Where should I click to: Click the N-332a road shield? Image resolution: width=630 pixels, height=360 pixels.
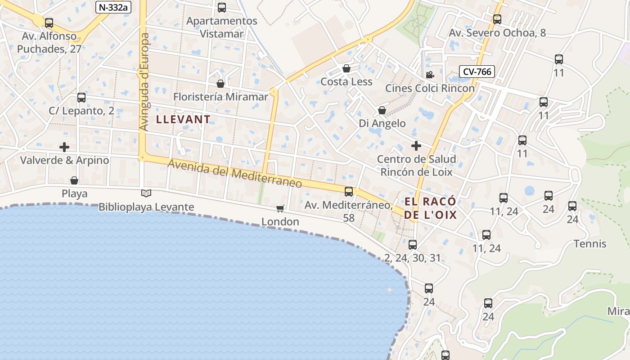[113, 7]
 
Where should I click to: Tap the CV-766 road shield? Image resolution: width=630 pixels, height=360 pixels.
[477, 71]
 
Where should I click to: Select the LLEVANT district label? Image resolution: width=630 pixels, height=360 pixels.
[183, 119]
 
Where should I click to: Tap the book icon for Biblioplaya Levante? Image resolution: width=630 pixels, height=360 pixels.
[146, 193]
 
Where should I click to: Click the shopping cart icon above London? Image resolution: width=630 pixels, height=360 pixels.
[280, 208]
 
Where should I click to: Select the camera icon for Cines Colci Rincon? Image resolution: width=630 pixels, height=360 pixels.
[430, 75]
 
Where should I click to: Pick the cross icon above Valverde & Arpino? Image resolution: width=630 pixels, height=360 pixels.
[64, 147]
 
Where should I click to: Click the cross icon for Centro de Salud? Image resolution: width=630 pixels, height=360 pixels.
[416, 146]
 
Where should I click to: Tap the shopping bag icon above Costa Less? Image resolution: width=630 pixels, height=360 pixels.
[346, 68]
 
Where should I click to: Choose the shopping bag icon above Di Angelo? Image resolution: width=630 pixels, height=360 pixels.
[382, 110]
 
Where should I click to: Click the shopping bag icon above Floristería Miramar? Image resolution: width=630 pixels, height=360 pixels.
[220, 84]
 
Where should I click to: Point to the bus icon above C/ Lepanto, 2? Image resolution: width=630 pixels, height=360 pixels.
[81, 97]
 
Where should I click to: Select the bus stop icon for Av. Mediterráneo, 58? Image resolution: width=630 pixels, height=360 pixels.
[349, 192]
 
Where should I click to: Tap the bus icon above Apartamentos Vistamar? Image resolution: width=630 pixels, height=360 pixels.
[222, 8]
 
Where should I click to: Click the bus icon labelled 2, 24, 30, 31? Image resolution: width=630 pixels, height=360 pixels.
[413, 245]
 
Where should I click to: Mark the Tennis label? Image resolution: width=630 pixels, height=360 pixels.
[590, 244]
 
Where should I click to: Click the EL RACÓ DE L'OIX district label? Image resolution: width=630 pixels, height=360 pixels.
[430, 208]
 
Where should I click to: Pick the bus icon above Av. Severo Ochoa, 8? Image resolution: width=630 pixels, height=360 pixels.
[497, 19]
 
